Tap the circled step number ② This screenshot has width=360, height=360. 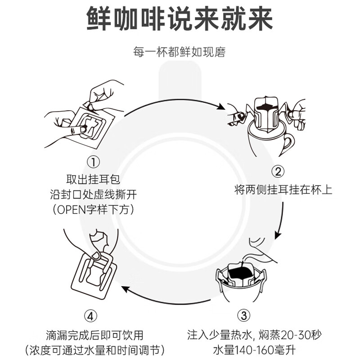pos(279,171)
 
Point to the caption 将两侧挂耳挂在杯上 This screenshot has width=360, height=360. pos(283,189)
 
